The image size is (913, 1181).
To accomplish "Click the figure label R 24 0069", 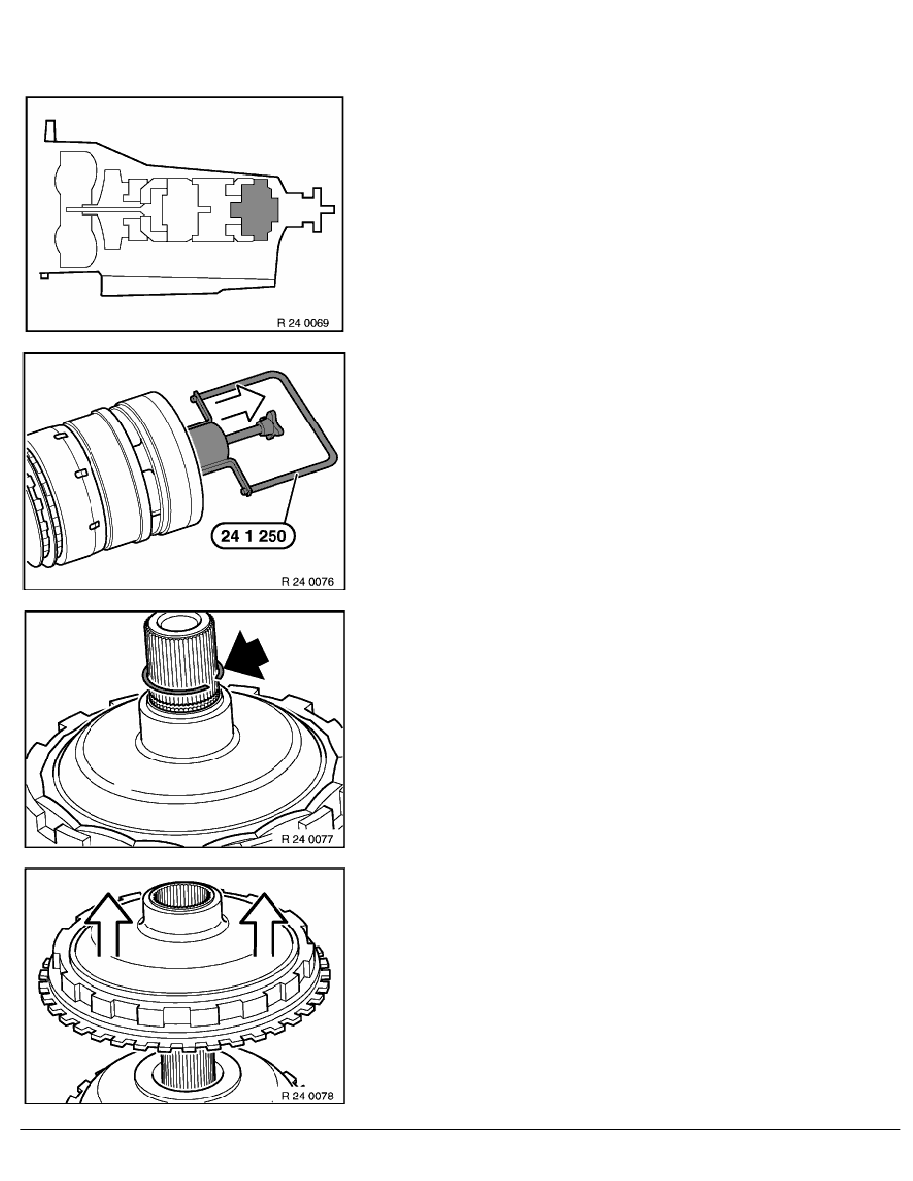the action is point(302,323).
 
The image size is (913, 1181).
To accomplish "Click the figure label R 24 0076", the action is point(308,582).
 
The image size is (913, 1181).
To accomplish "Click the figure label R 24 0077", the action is point(307,838).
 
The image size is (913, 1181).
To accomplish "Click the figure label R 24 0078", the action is point(307,1096).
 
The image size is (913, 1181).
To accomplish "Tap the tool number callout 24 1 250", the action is point(254,536).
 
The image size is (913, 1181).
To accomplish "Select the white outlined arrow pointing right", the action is point(237,401).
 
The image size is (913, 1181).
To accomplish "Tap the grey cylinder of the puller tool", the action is point(211,449).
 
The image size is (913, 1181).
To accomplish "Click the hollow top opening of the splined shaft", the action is point(179,623).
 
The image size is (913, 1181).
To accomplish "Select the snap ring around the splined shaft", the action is point(181,678).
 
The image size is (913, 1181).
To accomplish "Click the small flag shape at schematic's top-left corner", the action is point(51,129).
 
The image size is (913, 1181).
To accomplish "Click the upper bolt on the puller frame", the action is point(194,393).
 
